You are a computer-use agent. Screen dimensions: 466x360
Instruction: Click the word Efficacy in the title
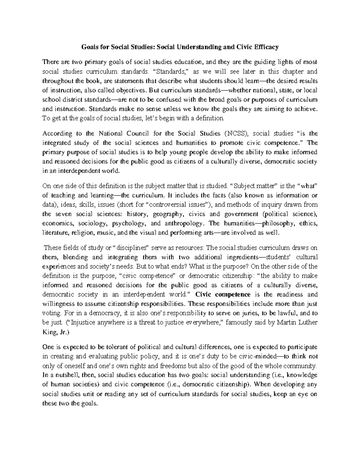point(266,47)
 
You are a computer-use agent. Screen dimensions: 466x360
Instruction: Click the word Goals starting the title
point(89,47)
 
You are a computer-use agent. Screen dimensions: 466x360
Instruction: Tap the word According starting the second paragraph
point(57,133)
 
